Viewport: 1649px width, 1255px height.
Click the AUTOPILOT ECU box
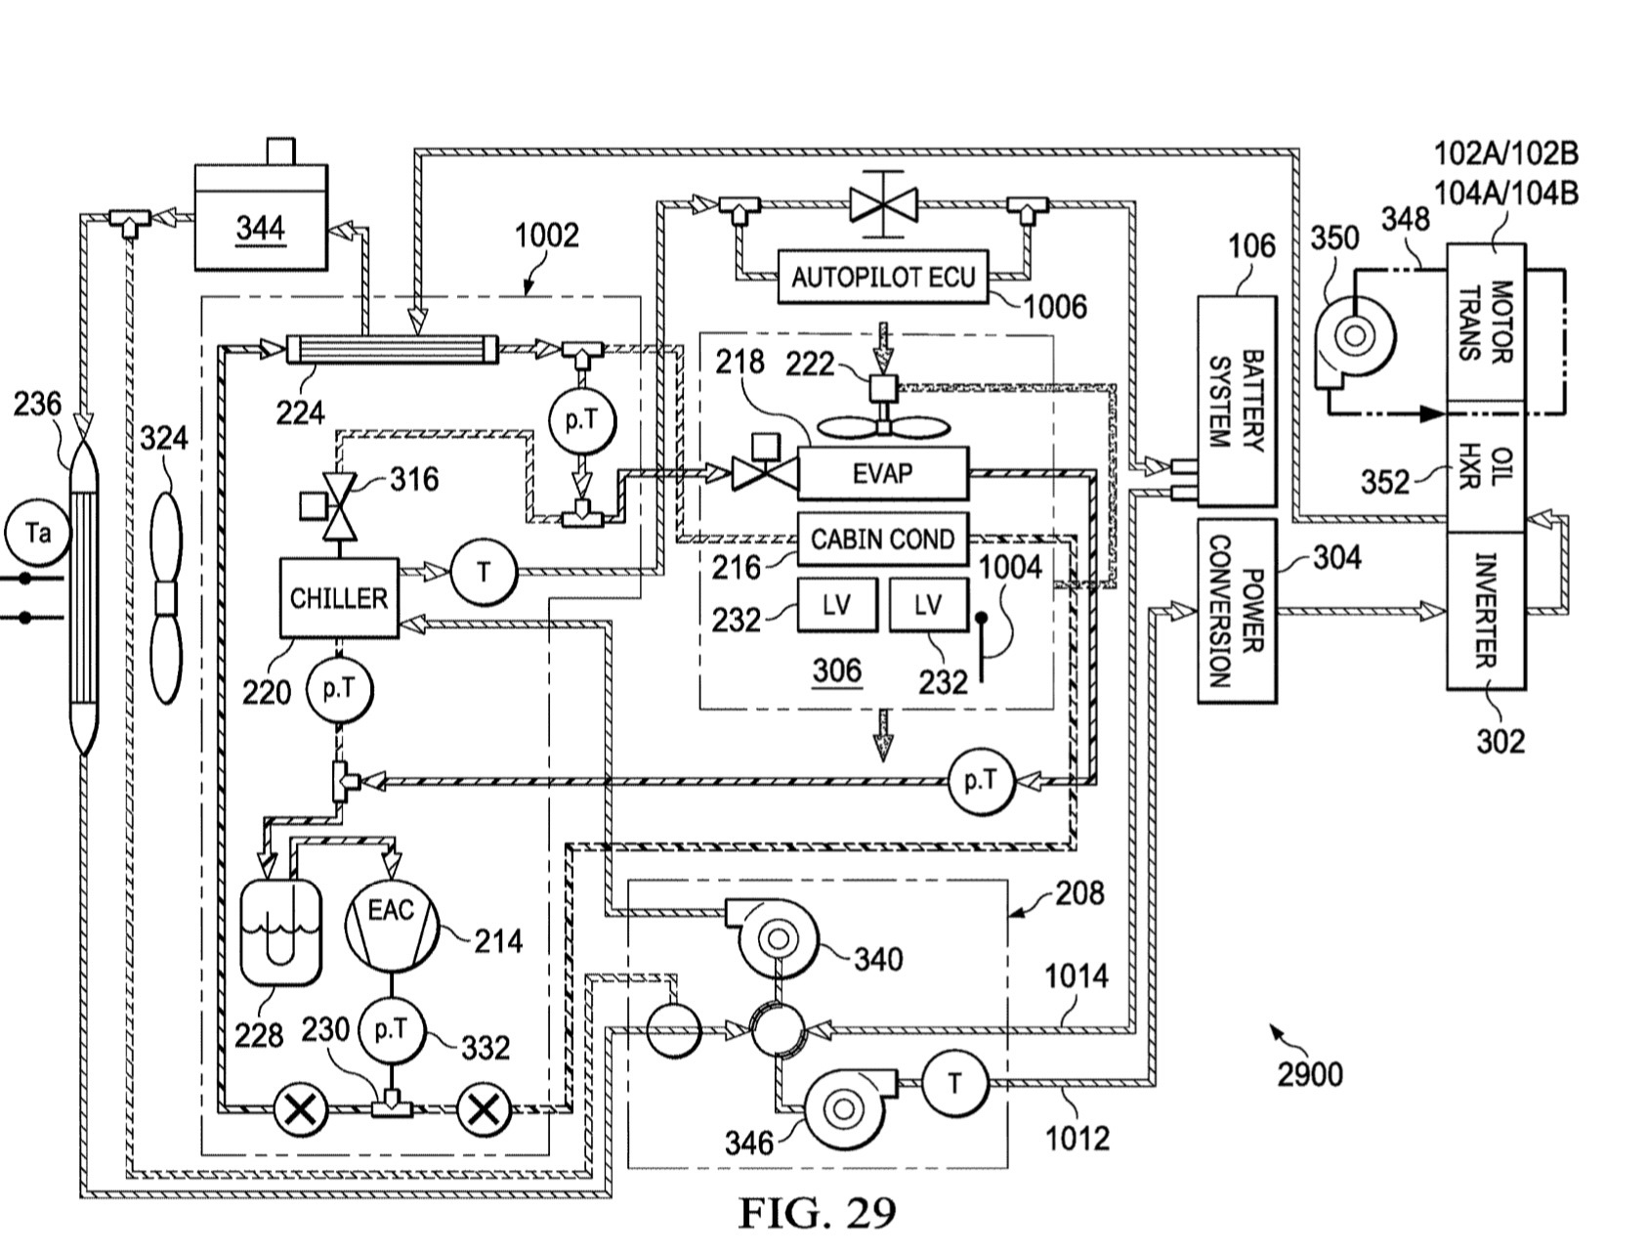coord(882,277)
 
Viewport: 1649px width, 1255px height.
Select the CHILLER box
coord(339,597)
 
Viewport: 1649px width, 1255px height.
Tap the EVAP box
coord(882,473)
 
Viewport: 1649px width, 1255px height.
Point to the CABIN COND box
coord(882,539)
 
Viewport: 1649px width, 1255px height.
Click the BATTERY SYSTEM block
coord(1237,401)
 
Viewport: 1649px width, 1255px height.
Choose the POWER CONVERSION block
coord(1237,611)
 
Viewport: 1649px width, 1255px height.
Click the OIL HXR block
coord(1485,466)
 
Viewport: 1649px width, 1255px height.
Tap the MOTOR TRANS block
coord(1485,322)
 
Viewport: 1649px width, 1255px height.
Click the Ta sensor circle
coord(38,534)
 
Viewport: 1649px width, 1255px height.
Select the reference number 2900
coord(1310,1074)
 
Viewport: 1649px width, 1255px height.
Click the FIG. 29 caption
coord(817,1214)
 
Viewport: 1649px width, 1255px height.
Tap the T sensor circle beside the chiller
coord(483,572)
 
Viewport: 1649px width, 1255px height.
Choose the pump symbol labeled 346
coord(842,1107)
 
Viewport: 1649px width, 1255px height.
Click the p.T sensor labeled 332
coord(391,1028)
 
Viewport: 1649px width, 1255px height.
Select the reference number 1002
coord(546,236)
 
